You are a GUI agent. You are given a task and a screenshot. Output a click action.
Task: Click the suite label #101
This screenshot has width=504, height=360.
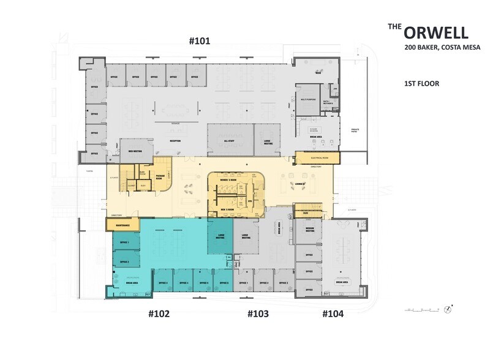[199, 42]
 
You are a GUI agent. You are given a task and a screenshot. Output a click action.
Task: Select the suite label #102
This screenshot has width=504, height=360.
[159, 314]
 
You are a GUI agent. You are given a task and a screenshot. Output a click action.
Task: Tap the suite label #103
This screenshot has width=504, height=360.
[258, 314]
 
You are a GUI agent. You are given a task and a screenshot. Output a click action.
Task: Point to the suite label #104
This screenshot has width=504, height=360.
[333, 314]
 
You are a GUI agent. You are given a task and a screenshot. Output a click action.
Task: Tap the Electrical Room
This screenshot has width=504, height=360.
[314, 158]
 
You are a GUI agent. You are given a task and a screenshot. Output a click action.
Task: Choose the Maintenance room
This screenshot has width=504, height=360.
[122, 225]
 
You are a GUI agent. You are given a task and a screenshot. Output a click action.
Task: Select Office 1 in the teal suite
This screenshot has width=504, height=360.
[124, 243]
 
